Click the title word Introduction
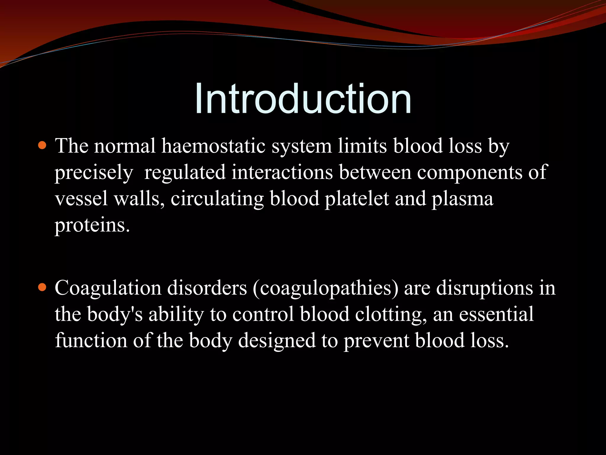click(303, 98)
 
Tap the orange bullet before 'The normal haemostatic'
click(43, 145)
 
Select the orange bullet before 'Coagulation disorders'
click(43, 287)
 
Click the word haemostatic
click(213, 146)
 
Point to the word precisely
click(94, 173)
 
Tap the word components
click(470, 173)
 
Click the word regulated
click(185, 173)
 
